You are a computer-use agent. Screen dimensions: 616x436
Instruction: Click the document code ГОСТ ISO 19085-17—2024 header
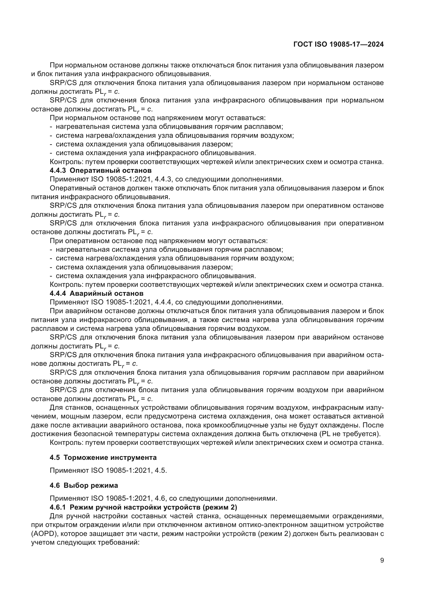[338, 45]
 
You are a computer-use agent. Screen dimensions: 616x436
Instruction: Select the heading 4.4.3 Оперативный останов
[101, 171]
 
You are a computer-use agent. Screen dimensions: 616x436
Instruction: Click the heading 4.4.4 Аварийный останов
[97, 293]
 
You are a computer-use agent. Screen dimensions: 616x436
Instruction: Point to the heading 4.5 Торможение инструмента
[103, 457]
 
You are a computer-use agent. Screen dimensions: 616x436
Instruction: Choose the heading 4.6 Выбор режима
[84, 485]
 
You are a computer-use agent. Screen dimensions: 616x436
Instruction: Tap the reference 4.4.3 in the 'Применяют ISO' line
[161, 179]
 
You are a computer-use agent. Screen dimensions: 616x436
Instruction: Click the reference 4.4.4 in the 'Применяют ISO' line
[161, 302]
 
